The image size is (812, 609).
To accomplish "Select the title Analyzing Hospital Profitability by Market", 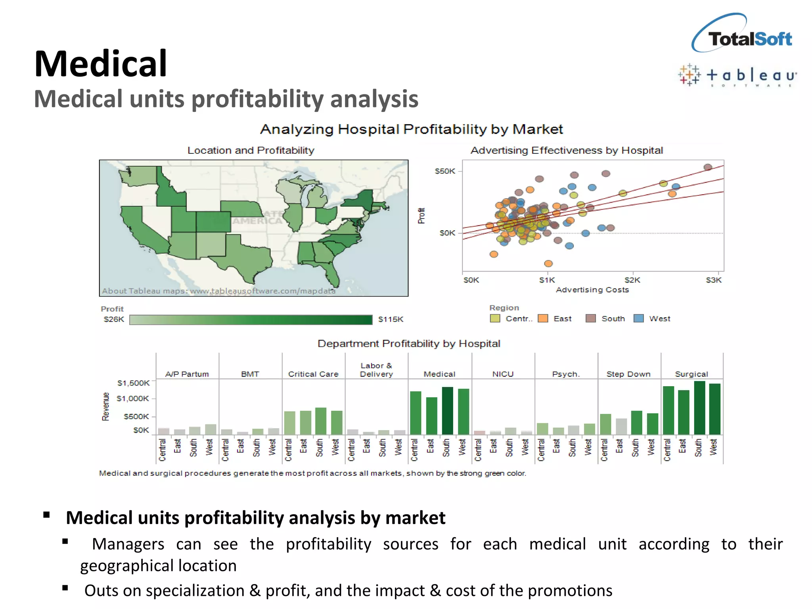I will pos(411,129).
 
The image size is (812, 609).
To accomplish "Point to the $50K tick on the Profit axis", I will pos(445,171).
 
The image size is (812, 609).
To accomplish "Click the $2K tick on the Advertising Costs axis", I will pos(632,280).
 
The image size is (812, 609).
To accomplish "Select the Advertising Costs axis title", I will pos(592,290).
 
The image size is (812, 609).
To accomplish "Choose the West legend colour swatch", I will pos(639,318).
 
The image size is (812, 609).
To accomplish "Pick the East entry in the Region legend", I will pos(562,319).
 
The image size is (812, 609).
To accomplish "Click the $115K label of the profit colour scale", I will pos(391,320).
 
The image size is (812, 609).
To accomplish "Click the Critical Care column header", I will pos(313,374).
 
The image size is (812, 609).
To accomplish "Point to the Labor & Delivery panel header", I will pos(376,370).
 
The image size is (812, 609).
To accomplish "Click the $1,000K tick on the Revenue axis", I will pos(133,398).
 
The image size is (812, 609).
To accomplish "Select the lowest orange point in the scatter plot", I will pos(548,264).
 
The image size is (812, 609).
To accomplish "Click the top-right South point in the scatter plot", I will pos(708,167).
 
